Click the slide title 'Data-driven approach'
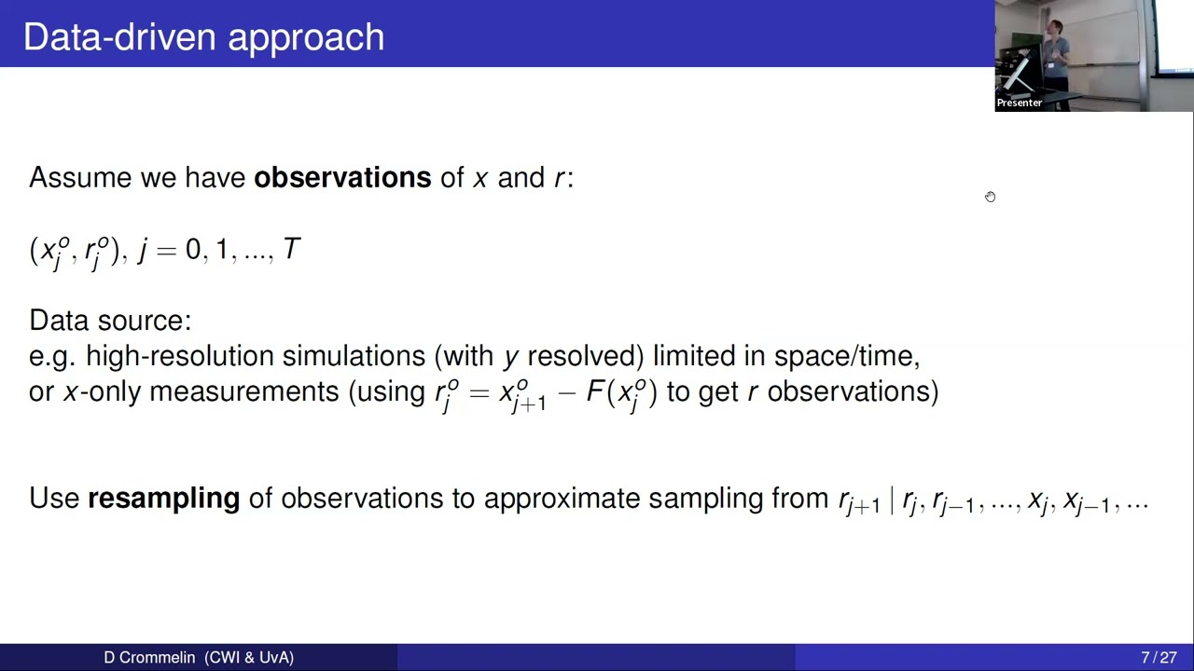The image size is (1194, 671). click(x=203, y=37)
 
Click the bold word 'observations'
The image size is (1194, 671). click(x=342, y=178)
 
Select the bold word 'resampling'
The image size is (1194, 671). click(x=163, y=499)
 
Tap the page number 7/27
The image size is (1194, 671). click(x=1159, y=658)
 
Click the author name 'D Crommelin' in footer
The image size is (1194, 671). click(x=149, y=658)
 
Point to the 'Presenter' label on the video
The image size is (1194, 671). click(x=1019, y=103)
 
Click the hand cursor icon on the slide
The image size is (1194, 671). click(x=990, y=197)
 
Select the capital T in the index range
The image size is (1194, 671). click(x=291, y=250)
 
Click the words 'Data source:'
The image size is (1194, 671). click(x=110, y=321)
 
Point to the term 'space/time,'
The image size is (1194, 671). click(x=847, y=356)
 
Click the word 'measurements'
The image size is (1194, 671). click(x=243, y=391)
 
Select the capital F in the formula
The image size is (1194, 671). click(x=594, y=391)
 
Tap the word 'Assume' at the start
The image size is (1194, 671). click(x=80, y=178)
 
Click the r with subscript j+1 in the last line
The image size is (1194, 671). click(x=857, y=501)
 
